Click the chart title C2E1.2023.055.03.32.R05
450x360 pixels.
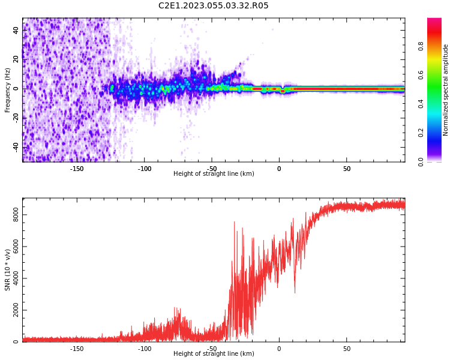[214, 6]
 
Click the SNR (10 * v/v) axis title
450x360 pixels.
[8, 270]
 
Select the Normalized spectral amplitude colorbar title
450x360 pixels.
[446, 90]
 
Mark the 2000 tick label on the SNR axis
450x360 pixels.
[16, 310]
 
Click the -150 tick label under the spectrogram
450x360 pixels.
[77, 169]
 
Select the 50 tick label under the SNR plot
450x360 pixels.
[347, 349]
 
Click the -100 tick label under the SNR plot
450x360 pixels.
[145, 349]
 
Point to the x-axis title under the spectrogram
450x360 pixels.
[214, 174]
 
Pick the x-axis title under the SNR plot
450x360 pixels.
[214, 354]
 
